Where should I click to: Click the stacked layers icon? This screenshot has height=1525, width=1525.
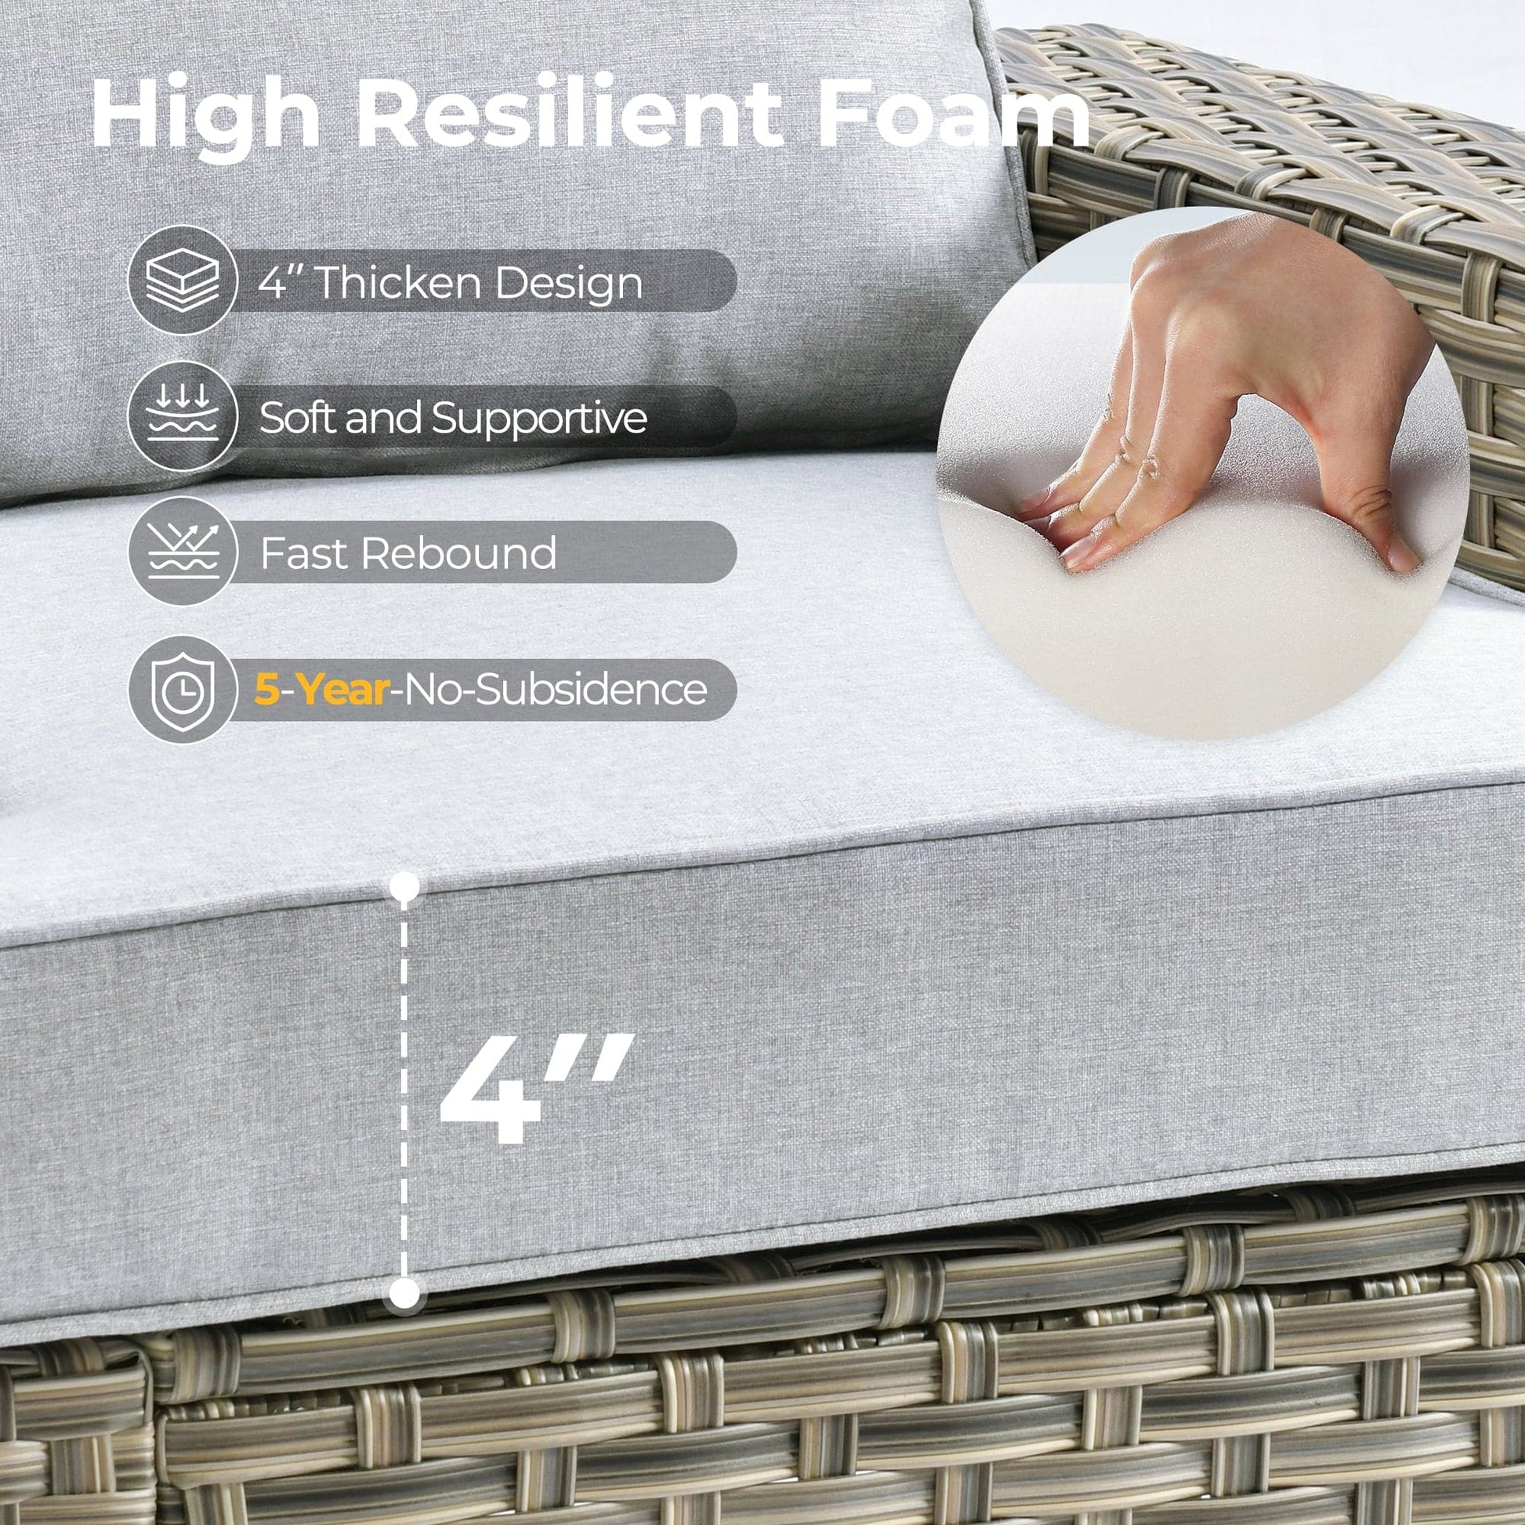(183, 281)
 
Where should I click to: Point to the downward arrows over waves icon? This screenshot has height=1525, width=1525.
(183, 416)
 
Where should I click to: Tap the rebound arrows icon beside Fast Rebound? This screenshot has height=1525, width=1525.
(183, 552)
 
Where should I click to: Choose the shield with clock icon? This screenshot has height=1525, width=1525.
(183, 689)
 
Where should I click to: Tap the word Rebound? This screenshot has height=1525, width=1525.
(458, 553)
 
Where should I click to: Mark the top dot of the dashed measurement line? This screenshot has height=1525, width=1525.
(405, 886)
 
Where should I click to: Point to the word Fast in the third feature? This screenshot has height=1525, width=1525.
(305, 553)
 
